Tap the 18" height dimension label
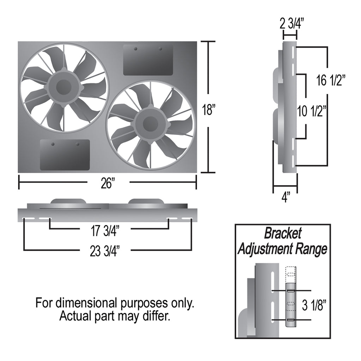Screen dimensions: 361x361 (209, 110)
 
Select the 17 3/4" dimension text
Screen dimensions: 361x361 (105, 231)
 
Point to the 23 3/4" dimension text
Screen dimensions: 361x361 (105, 251)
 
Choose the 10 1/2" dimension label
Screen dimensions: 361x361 (312, 111)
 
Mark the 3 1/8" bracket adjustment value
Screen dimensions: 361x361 (314, 305)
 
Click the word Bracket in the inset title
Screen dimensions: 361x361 (283, 233)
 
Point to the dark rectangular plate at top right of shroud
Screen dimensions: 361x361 (148, 60)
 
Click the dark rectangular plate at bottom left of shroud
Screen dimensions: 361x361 (65, 155)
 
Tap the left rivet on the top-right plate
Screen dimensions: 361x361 (136, 49)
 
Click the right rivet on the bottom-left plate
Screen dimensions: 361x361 (78, 144)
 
